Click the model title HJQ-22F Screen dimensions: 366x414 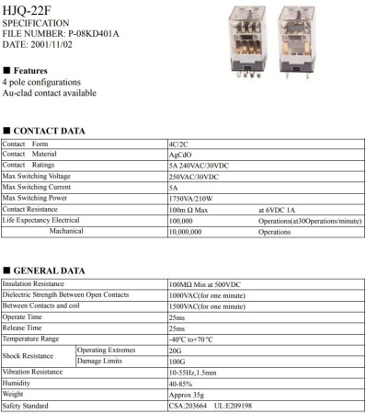[x=25, y=8]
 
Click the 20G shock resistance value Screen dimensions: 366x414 [x=176, y=351]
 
